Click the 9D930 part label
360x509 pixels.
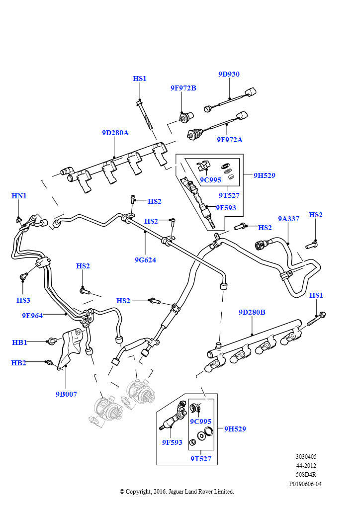click(x=229, y=74)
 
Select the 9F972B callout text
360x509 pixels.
click(x=183, y=88)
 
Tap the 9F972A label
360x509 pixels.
click(x=230, y=140)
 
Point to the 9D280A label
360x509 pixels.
click(x=115, y=133)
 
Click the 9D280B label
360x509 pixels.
click(x=252, y=312)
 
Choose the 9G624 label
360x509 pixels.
click(x=145, y=260)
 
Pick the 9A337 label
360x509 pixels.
click(x=288, y=219)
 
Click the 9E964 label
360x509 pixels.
click(x=32, y=316)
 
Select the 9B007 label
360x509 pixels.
click(x=66, y=394)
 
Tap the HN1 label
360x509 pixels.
click(x=19, y=196)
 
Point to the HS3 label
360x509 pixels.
click(x=23, y=300)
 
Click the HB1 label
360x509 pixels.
click(x=19, y=342)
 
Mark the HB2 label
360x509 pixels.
click(x=18, y=363)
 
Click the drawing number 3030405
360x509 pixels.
click(x=306, y=457)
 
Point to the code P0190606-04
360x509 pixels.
click(x=305, y=484)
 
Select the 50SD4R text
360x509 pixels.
click(x=306, y=475)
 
